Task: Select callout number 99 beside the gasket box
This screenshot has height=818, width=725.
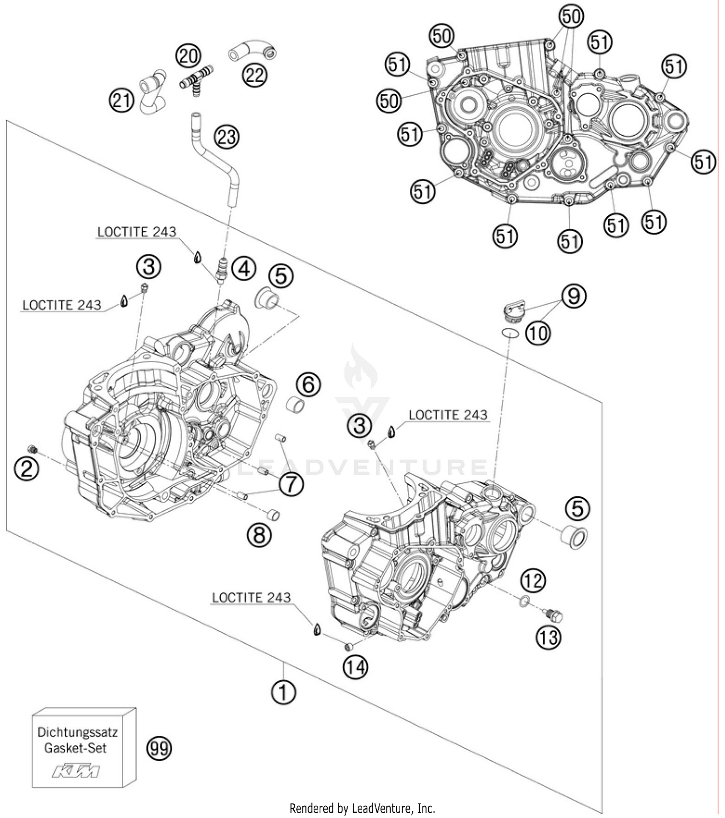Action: click(x=159, y=748)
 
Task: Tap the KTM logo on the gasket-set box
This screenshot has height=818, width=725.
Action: click(x=76, y=771)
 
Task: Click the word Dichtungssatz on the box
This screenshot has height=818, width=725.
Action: click(x=77, y=732)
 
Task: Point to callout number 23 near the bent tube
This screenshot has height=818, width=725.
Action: click(x=227, y=137)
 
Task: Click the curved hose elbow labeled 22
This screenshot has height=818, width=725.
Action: click(x=253, y=52)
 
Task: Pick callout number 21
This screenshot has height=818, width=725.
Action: click(x=121, y=100)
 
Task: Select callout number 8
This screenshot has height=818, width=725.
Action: click(x=259, y=535)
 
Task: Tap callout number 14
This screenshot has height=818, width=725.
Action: click(x=355, y=667)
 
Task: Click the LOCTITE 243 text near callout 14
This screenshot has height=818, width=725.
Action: click(x=251, y=597)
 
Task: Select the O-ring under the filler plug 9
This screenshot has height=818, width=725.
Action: click(x=510, y=332)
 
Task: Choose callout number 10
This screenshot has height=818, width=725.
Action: click(x=537, y=333)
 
